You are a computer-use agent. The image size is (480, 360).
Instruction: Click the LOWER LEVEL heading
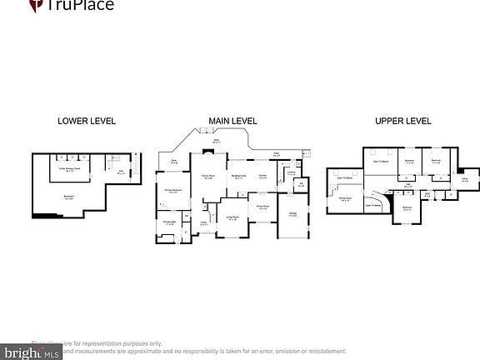(x=87, y=121)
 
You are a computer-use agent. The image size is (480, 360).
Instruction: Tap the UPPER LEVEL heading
(x=402, y=121)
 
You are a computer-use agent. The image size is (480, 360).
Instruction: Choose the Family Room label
(x=208, y=177)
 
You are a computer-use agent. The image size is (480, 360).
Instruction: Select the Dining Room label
(x=262, y=207)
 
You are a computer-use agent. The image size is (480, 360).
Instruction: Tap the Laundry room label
(x=292, y=173)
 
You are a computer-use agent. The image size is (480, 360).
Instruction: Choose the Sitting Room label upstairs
(x=344, y=198)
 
